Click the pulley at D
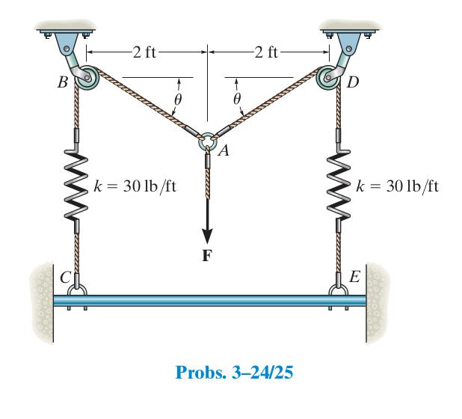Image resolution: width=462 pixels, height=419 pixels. click(329, 77)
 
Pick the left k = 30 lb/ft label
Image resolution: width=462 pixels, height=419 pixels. click(136, 186)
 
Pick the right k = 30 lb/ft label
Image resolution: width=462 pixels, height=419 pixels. click(397, 186)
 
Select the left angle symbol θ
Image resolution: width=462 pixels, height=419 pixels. click(180, 98)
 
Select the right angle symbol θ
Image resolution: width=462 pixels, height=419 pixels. click(236, 98)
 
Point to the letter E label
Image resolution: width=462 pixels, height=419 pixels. click(354, 276)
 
